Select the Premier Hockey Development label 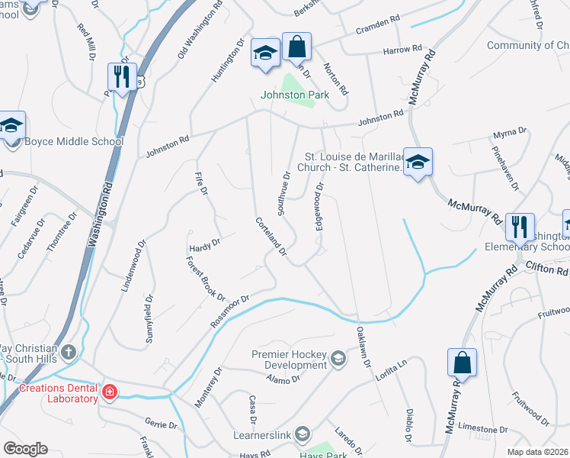point(290,360)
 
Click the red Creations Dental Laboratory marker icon point(110,393)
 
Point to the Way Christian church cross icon point(69,352)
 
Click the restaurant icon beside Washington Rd point(123,76)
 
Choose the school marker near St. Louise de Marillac point(418,162)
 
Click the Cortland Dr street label point(271,236)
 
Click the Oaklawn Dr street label point(363,347)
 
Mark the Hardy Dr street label point(204,244)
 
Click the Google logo point(26,449)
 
